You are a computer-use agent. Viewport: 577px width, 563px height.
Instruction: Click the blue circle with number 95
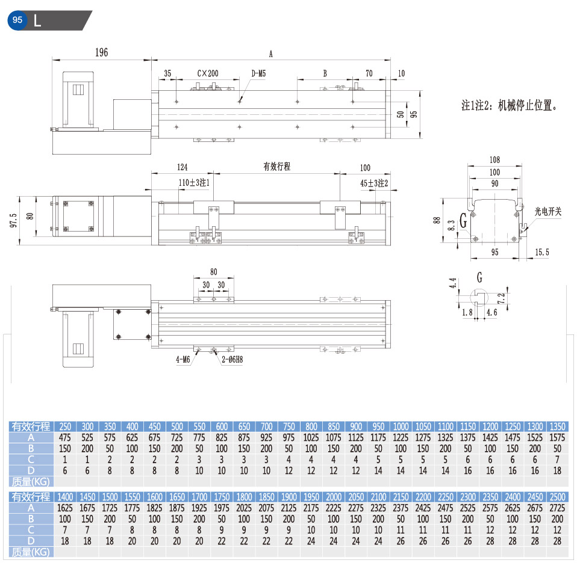coord(17,20)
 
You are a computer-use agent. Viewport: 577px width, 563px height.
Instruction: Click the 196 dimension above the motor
coord(102,52)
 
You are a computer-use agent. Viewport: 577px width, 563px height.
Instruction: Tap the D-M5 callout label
coord(258,73)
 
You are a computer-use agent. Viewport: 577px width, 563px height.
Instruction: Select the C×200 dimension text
coord(208,73)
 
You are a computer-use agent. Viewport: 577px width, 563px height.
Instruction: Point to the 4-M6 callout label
coord(183,360)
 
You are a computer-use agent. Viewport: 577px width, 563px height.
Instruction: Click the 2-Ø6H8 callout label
coord(232,360)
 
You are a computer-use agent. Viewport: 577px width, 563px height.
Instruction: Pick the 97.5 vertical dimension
coord(14,221)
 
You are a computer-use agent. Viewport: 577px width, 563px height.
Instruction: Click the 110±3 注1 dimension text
coord(194,183)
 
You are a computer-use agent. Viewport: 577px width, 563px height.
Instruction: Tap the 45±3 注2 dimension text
coord(374,183)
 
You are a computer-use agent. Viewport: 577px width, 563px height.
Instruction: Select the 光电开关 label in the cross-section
coord(548,211)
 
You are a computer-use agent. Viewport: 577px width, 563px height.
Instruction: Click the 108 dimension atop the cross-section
coord(494,160)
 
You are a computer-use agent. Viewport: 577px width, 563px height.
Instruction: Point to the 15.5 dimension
coord(541,252)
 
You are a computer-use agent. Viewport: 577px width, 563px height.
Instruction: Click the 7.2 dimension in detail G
coord(501,298)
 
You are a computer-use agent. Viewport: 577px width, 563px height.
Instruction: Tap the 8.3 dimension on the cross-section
coord(452,226)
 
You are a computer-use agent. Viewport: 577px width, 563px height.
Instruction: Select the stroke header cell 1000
coord(401,426)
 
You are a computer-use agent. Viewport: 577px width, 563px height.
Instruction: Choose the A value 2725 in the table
coord(557,508)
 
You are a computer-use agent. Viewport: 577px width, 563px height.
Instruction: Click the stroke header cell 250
coord(65,426)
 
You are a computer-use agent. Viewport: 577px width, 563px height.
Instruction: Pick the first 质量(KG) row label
coord(31,481)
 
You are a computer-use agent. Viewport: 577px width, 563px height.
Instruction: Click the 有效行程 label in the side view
coord(276,167)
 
